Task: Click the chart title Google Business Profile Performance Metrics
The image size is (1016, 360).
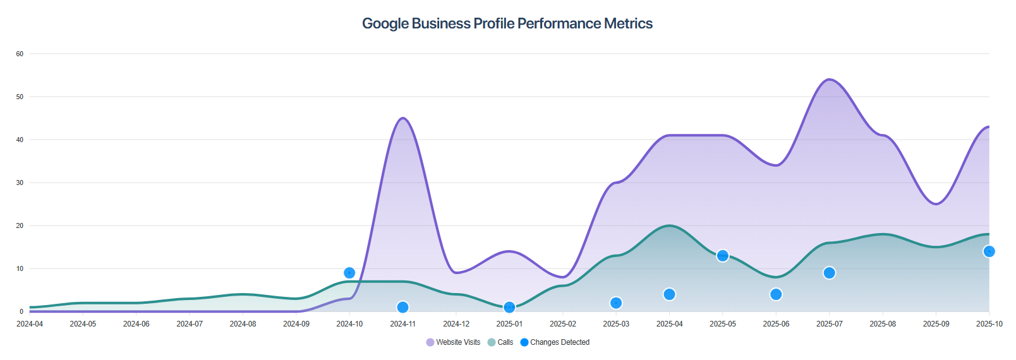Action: coord(507,23)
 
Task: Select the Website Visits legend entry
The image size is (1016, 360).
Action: coord(453,342)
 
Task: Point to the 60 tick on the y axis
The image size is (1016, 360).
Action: coord(20,54)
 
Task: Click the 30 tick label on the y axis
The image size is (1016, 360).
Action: coord(20,183)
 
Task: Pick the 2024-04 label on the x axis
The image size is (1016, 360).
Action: coord(30,324)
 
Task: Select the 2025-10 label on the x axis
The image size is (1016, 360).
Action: coord(989,324)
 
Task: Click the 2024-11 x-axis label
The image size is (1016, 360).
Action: coord(402,324)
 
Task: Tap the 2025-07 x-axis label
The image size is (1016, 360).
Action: coord(829,324)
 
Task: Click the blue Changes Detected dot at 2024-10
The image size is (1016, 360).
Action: coord(349,273)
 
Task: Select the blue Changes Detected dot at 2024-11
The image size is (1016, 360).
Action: coord(402,308)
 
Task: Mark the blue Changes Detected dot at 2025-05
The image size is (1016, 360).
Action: coord(723,256)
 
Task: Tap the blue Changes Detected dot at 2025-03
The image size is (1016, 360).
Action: coord(616,303)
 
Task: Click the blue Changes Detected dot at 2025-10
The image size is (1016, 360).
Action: coord(989,251)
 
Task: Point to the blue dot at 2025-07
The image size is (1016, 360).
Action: coord(829,273)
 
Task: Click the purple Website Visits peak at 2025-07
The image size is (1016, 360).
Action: coord(829,80)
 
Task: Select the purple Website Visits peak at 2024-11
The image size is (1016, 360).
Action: coord(402,118)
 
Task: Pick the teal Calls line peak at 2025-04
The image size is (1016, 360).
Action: coord(669,225)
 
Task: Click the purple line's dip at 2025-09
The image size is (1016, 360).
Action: coord(936,204)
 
